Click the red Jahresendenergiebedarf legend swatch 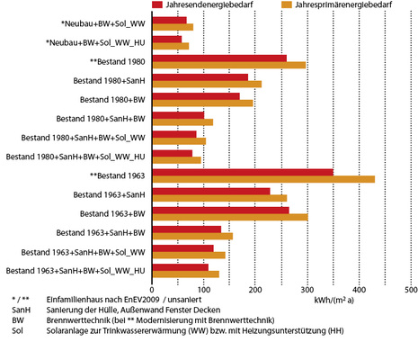point(159,5)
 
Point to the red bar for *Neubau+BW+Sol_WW point(170,20)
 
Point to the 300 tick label point(307,291)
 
